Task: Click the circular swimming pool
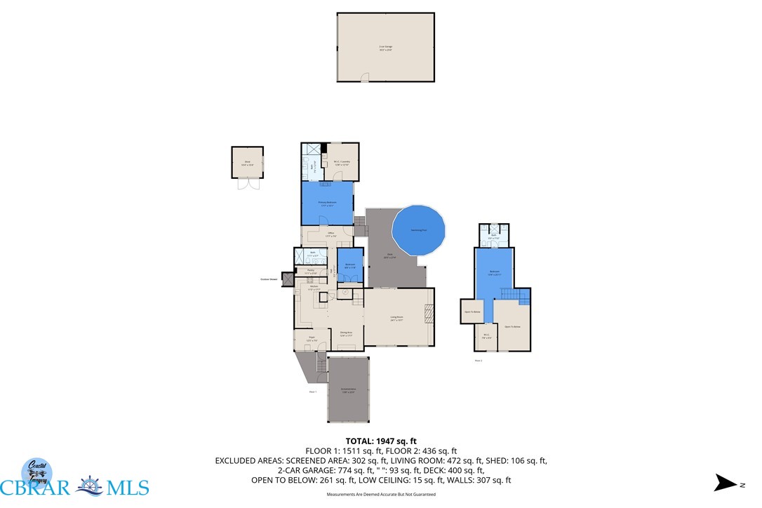(x=419, y=230)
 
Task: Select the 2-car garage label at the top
(x=386, y=48)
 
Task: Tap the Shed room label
(x=248, y=163)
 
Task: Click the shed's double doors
(x=243, y=185)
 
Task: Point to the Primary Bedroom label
(x=327, y=204)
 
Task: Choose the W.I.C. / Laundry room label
(x=341, y=163)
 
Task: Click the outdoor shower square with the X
(x=287, y=279)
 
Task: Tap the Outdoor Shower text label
(x=269, y=279)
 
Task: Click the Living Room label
(x=397, y=318)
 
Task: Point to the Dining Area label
(x=346, y=334)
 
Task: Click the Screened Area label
(x=348, y=391)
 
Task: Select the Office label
(x=330, y=234)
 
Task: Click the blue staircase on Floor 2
(x=522, y=300)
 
